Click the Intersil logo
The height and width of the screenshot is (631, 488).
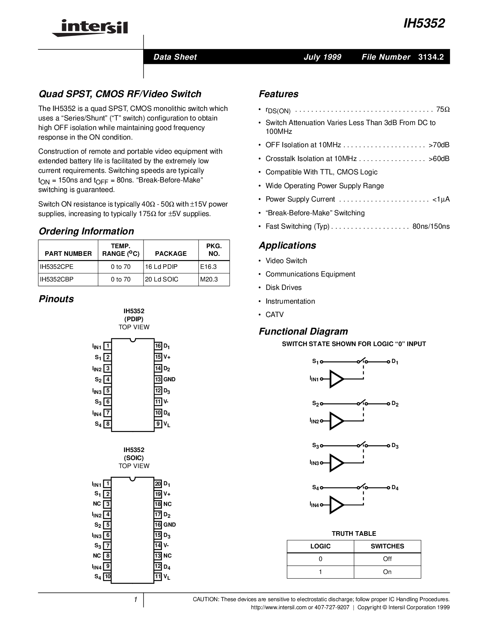tap(90, 28)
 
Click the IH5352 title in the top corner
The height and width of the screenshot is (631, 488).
tap(424, 24)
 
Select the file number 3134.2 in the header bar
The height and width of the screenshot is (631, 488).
tap(431, 57)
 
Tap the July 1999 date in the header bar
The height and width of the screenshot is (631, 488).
tap(322, 57)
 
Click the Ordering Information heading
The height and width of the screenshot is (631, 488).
tap(86, 231)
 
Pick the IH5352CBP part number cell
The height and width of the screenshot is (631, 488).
tap(57, 280)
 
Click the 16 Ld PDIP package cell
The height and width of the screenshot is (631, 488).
tap(161, 267)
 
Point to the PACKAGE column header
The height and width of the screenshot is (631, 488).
tap(171, 254)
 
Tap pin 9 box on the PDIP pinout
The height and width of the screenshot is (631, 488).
tap(158, 424)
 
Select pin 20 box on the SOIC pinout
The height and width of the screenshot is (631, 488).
tap(158, 484)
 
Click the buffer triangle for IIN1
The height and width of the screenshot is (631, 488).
tap(336, 379)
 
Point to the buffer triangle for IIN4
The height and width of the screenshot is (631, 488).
tap(336, 505)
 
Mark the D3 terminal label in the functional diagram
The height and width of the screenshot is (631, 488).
tap(395, 446)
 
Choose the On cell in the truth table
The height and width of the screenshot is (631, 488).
tap(387, 572)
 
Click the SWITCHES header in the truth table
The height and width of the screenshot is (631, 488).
tap(387, 546)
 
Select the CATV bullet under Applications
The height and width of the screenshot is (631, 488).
tap(274, 315)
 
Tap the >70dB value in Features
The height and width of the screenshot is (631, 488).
tap(439, 145)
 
